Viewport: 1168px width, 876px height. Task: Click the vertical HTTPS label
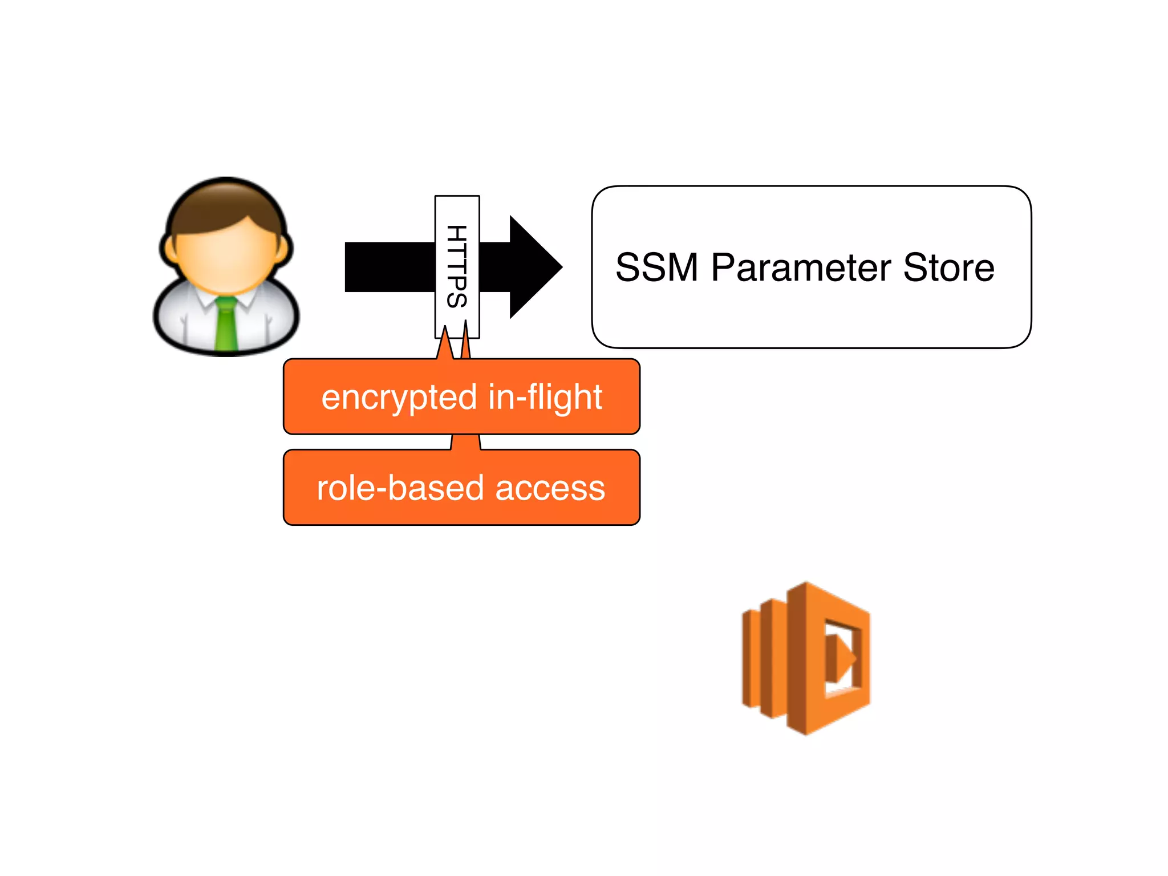coord(457,266)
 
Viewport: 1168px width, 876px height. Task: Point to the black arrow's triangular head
coord(533,267)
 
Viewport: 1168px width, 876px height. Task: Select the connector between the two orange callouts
coord(466,442)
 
